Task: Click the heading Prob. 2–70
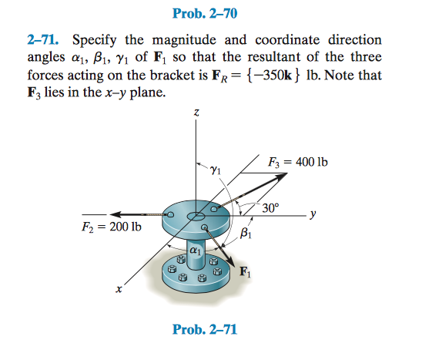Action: [x=205, y=14]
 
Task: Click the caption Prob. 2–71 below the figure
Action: [x=205, y=329]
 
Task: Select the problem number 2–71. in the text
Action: [x=43, y=40]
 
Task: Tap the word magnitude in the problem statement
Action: [x=184, y=40]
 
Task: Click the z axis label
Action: [x=196, y=113]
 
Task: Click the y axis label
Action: [x=313, y=214]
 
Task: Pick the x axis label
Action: [x=119, y=289]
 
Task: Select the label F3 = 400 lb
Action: [x=298, y=162]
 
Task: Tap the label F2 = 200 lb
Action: [x=112, y=227]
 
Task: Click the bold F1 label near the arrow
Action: [x=246, y=271]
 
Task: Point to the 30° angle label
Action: [x=270, y=207]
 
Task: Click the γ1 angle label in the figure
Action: [x=216, y=170]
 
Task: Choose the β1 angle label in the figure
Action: [x=246, y=233]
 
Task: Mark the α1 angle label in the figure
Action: [x=196, y=251]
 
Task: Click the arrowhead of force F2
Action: [x=116, y=214]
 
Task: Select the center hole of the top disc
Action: [x=196, y=217]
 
